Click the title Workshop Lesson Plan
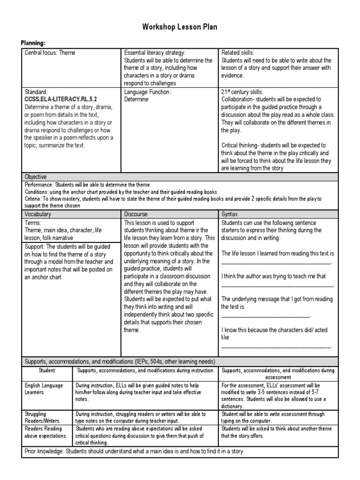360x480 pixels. (x=180, y=27)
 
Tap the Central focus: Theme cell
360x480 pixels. (x=50, y=53)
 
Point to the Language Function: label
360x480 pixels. (x=147, y=92)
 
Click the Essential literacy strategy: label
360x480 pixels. (x=155, y=53)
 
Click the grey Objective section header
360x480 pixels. (x=36, y=177)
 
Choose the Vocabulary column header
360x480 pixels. (x=38, y=214)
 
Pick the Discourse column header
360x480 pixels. (x=135, y=214)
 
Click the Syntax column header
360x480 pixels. (x=230, y=214)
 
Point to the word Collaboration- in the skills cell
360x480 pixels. (x=237, y=100)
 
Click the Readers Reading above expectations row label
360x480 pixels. (x=45, y=432)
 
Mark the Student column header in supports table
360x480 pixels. (x=47, y=370)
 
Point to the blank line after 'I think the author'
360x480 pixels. (x=277, y=285)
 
